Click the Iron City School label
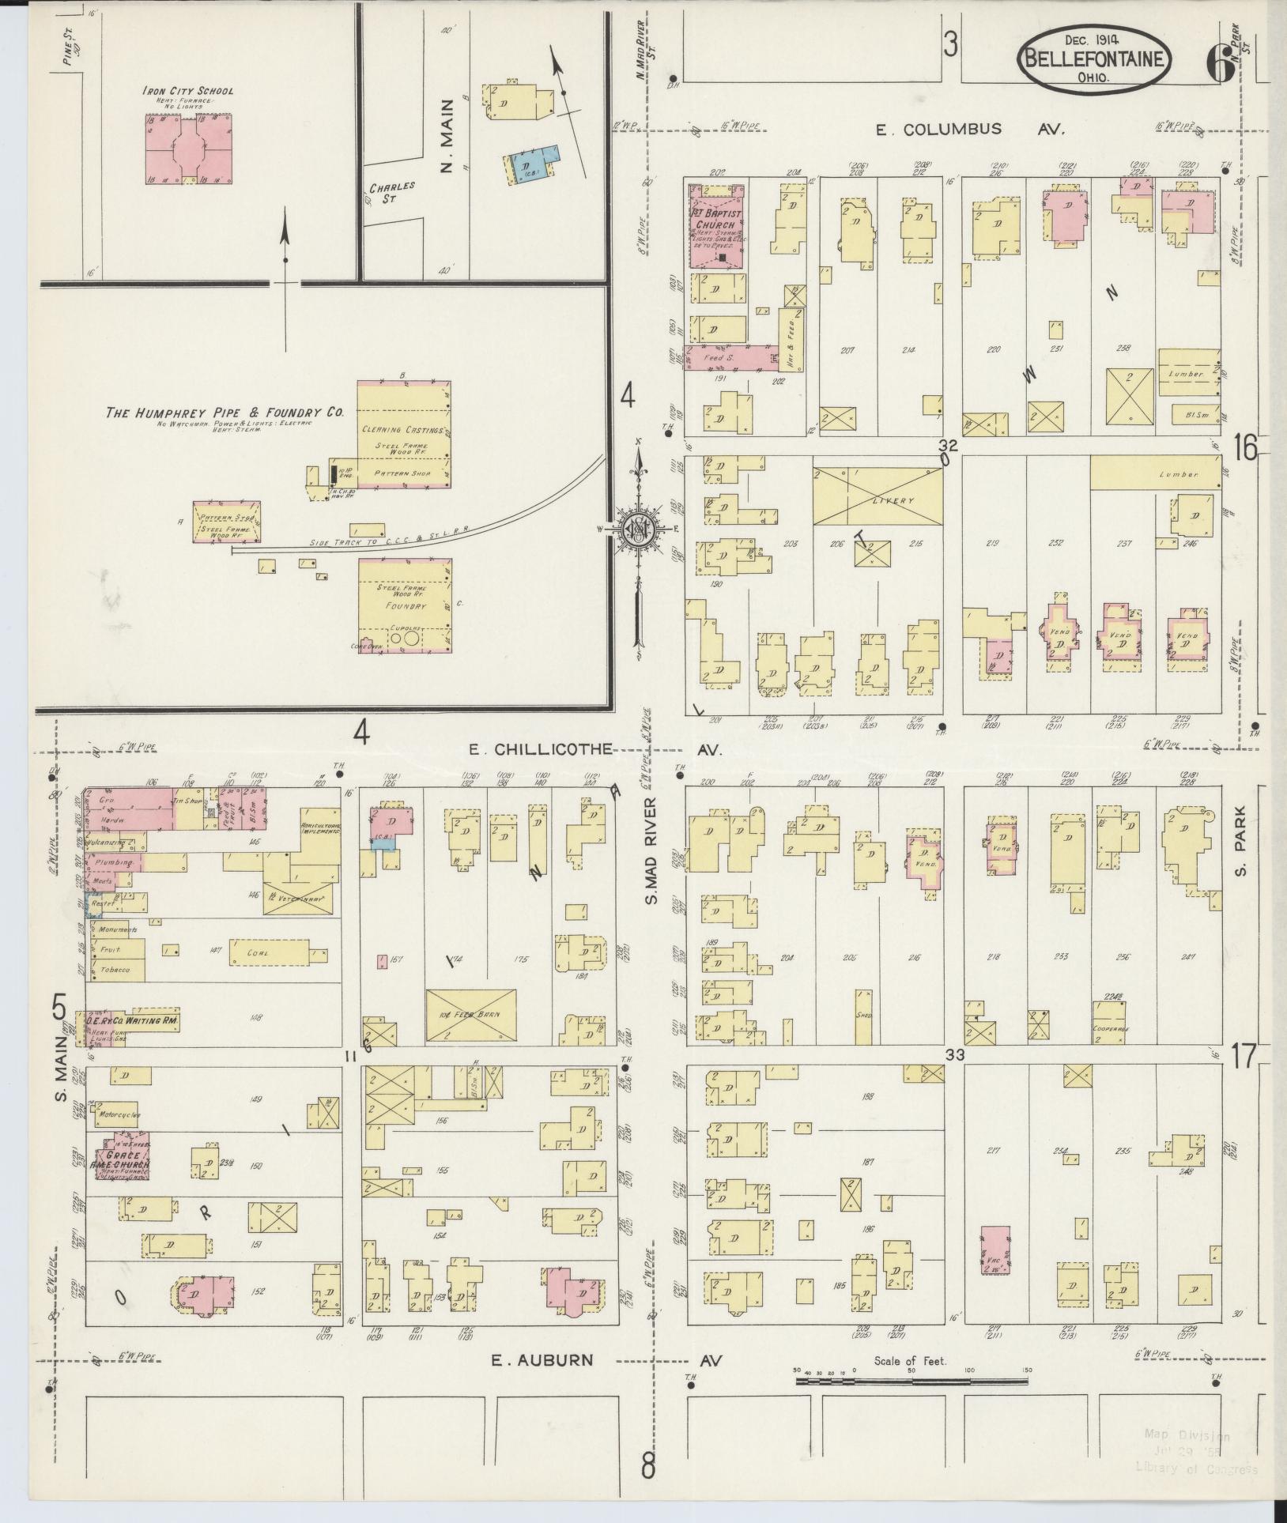pos(187,91)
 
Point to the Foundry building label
pos(406,606)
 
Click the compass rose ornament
pos(637,529)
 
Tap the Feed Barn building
pos(470,1014)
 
